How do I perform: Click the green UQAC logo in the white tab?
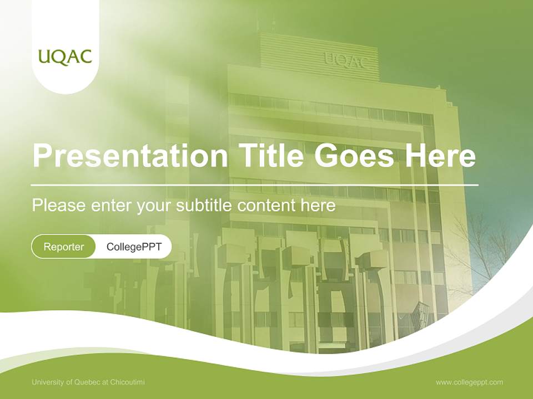[x=65, y=57]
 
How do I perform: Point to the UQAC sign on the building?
[x=346, y=61]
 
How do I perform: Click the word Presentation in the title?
[x=130, y=155]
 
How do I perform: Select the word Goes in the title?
[x=354, y=155]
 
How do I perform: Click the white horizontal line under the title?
[x=255, y=185]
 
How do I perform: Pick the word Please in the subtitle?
[x=59, y=205]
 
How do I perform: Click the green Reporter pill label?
[x=63, y=247]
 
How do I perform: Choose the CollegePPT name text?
[x=134, y=247]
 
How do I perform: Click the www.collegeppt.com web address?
[x=469, y=382]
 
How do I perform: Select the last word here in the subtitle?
[x=318, y=206]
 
